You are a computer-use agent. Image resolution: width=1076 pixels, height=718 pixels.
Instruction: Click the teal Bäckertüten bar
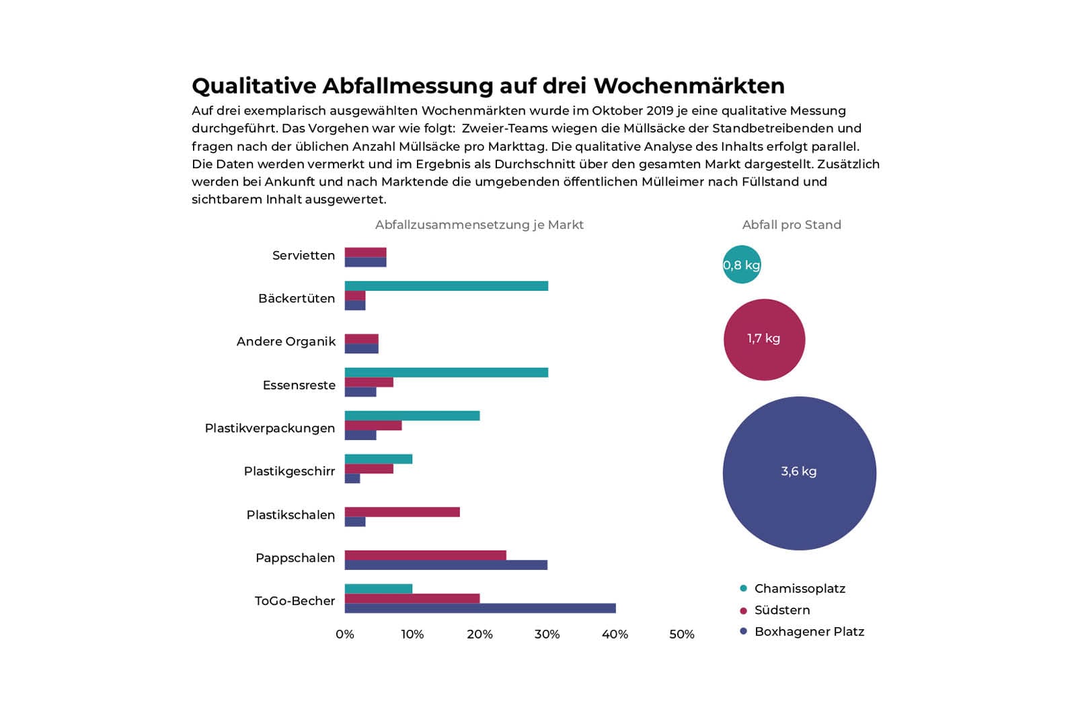point(446,286)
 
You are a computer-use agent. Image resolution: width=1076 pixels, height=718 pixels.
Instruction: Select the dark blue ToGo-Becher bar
point(479,608)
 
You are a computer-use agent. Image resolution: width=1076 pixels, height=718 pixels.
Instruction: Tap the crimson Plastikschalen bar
point(402,512)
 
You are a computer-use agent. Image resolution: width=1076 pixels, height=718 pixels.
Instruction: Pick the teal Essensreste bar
point(446,373)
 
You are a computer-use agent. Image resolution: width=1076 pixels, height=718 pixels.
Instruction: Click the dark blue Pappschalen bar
point(446,565)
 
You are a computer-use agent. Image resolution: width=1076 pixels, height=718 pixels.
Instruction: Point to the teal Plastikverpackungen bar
point(412,416)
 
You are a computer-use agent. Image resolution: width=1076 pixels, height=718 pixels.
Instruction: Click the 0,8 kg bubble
point(742,264)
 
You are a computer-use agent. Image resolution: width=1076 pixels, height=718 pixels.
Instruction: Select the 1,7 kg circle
point(764,339)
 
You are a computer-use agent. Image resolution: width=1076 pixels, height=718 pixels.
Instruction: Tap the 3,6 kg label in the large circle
point(799,472)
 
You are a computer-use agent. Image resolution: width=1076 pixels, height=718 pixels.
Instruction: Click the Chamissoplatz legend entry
point(799,589)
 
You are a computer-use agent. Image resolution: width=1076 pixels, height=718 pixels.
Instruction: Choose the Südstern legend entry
point(781,610)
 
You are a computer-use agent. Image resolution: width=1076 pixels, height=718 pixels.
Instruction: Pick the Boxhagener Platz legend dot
point(743,632)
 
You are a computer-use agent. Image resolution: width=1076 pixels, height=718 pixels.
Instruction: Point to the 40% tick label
point(615,635)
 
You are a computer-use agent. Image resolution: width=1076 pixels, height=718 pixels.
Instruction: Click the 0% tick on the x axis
point(344,635)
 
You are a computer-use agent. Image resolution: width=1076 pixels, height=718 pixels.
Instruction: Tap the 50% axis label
point(681,635)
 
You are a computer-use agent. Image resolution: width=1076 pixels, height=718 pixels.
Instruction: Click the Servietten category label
point(303,256)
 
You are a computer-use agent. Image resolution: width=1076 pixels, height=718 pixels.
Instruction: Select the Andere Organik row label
point(286,342)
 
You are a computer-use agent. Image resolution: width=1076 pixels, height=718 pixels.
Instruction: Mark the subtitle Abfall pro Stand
point(792,225)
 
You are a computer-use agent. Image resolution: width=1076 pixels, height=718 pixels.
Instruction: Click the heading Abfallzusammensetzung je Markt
point(479,225)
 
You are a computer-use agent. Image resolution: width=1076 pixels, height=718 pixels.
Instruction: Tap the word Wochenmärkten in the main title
point(689,86)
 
